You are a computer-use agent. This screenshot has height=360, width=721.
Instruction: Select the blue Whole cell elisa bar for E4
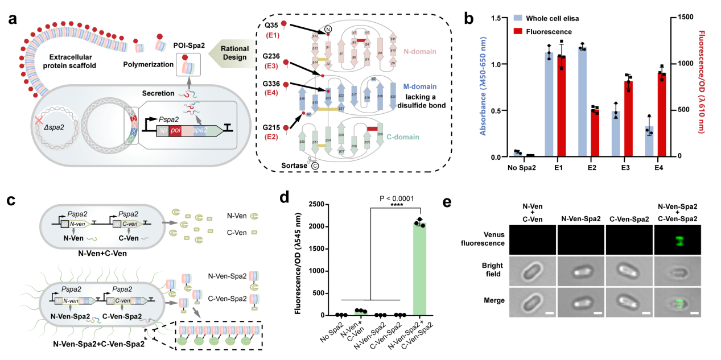[x=650, y=142]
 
